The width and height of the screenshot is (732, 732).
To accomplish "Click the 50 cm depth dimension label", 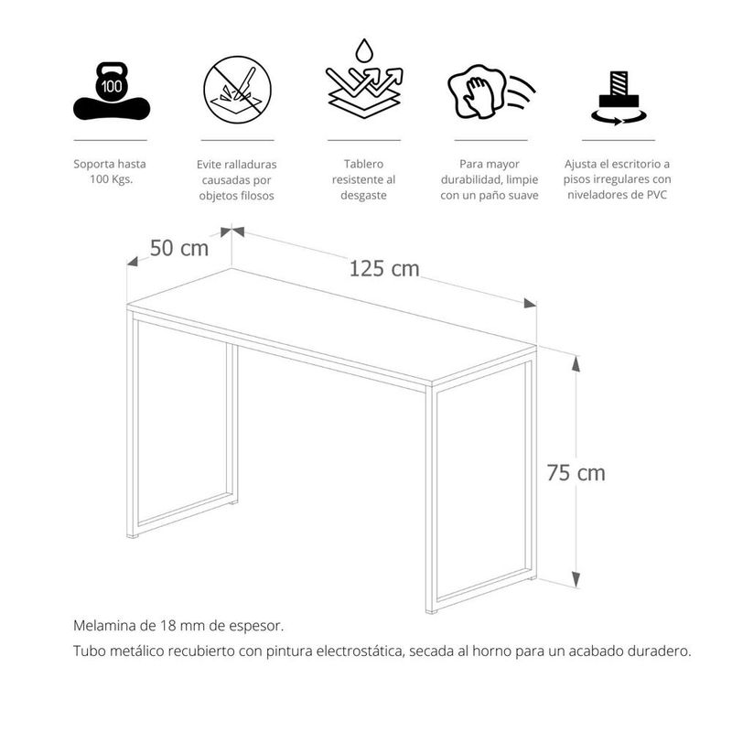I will coord(179,248).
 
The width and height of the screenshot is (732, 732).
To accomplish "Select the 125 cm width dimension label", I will coord(384,269).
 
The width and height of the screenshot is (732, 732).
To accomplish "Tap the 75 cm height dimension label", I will coord(576,473).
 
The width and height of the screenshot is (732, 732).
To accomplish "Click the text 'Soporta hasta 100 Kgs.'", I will coord(110,172).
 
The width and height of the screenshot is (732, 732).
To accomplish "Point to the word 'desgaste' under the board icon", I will coord(364,196).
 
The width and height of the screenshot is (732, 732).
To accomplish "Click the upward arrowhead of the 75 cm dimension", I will coord(576,362).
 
